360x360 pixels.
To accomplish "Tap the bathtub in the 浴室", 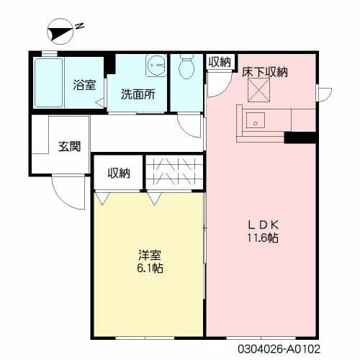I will tap(49, 83).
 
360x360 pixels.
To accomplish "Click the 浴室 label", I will tap(84, 85).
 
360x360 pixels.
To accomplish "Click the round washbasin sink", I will tap(155, 67).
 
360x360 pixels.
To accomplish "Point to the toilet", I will tap(186, 68).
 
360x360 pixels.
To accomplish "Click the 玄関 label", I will tap(69, 146).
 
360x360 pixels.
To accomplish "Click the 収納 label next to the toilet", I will tap(220, 63).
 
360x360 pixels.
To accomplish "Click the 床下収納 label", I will tap(265, 71).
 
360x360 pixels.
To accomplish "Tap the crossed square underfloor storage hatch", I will tap(259, 89).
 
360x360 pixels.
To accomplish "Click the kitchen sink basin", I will tap(255, 120).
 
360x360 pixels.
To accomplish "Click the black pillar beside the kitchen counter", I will tap(300, 138).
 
